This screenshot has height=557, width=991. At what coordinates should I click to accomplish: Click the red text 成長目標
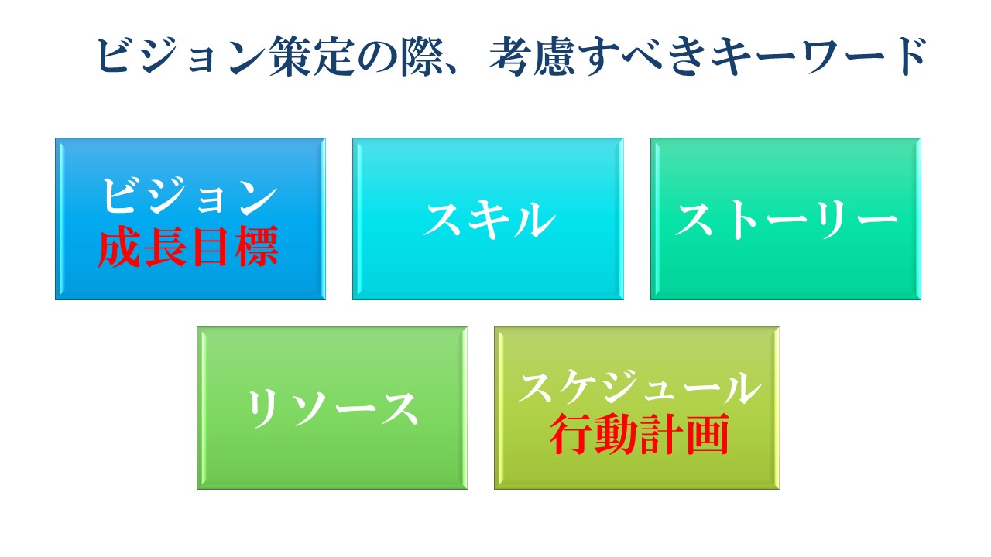click(188, 246)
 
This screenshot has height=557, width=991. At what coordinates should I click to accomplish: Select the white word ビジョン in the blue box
click(190, 196)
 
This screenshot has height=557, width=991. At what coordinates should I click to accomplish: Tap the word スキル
click(489, 219)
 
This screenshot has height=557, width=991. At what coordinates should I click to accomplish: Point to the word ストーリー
click(787, 219)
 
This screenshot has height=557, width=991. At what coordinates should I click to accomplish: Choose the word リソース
click(332, 408)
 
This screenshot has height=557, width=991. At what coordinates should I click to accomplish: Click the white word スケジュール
click(640, 386)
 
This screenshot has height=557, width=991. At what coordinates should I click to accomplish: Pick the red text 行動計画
click(639, 434)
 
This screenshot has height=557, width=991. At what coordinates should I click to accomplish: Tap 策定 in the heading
click(312, 56)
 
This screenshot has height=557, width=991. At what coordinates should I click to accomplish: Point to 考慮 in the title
click(533, 56)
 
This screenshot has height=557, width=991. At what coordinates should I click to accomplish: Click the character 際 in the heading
click(423, 56)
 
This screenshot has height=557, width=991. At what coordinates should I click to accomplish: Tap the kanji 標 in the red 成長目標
click(256, 246)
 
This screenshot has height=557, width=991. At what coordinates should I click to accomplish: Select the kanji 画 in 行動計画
click(707, 434)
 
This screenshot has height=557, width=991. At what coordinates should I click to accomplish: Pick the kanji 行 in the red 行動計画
click(571, 434)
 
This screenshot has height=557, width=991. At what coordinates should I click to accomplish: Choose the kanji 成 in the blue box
click(120, 246)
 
